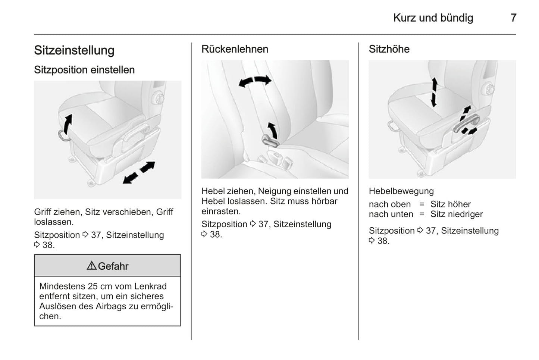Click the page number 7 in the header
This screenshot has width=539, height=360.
coord(514,18)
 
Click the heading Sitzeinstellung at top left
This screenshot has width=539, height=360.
coord(74,50)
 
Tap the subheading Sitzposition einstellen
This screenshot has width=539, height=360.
coord(84,70)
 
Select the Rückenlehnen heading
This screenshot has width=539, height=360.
coord(235,49)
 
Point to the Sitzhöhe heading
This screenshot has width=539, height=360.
coord(389,49)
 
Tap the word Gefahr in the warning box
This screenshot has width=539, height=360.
coord(113,266)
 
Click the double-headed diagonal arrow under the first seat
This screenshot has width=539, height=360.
coord(139,172)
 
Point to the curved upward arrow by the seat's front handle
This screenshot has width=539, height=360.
coord(68,124)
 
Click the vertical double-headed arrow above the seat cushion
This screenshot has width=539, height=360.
coord(434,92)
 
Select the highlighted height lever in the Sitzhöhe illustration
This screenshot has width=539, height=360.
coord(466,123)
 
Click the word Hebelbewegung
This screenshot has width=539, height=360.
coord(401,191)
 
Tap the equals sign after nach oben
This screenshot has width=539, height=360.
coord(422,204)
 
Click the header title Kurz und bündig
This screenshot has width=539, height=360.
coord(433,18)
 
